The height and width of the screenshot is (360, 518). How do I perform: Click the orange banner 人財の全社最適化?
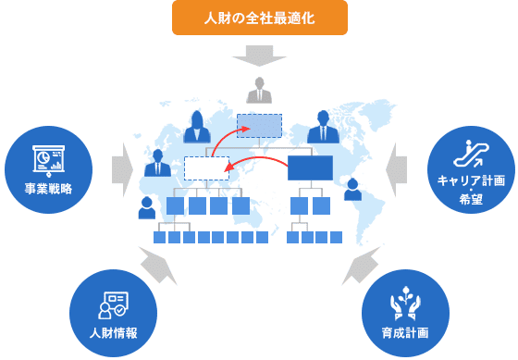pos(259,17)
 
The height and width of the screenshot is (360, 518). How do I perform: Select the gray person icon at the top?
pos(260,92)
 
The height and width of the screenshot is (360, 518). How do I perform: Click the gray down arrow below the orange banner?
pos(259,56)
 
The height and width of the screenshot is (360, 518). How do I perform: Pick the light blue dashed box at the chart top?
pos(259,125)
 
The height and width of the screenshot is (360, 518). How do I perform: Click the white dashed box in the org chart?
pos(205,168)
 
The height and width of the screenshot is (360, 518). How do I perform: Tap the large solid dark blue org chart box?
pos(309,168)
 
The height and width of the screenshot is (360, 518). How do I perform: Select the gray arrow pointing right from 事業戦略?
pos(121,168)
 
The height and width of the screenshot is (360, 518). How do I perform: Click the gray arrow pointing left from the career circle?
pos(396,168)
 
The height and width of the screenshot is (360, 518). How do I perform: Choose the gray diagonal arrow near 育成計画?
pos(357,266)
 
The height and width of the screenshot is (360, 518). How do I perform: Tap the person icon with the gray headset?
pos(352,190)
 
